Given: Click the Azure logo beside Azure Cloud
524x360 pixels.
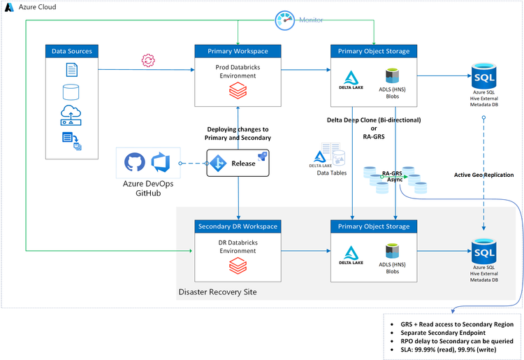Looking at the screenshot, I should (x=10, y=6).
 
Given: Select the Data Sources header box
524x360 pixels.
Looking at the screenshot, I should (x=72, y=51).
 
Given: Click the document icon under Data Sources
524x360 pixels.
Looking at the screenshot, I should (x=72, y=70).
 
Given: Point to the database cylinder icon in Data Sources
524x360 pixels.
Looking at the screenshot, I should (x=71, y=92).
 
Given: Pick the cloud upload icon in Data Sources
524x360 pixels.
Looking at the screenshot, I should (x=71, y=113).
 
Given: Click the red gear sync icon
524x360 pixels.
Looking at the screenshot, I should (x=147, y=61).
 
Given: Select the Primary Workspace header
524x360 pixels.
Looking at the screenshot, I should (x=238, y=51).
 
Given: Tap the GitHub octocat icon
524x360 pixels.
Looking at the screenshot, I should (x=135, y=163).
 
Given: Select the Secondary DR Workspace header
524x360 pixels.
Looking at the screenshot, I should (x=238, y=226).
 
